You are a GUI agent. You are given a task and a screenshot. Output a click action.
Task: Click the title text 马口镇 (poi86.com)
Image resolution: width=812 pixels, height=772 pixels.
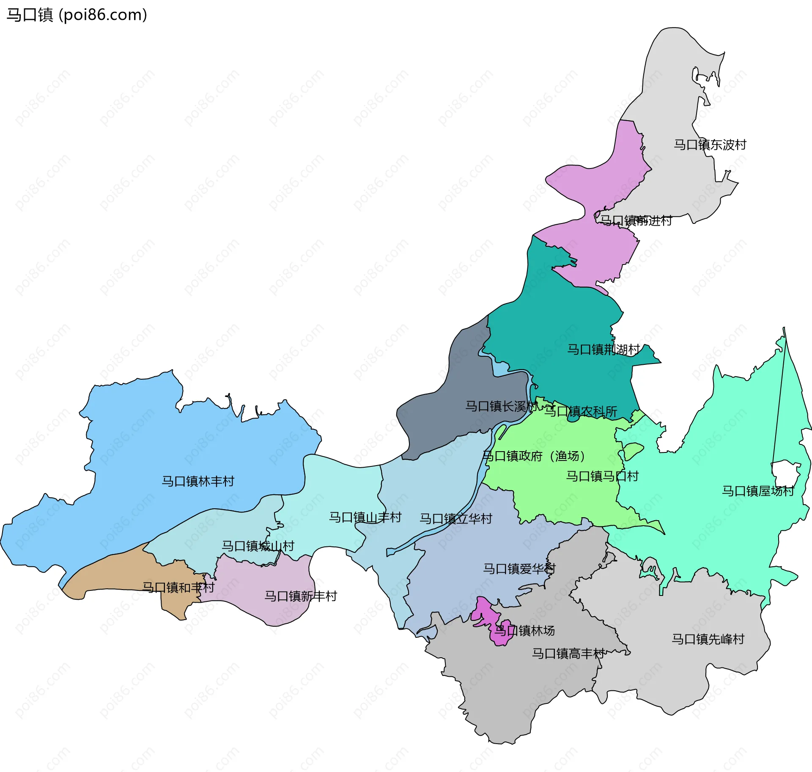[77, 15]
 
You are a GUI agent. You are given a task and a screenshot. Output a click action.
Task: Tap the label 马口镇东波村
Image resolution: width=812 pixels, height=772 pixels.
[710, 145]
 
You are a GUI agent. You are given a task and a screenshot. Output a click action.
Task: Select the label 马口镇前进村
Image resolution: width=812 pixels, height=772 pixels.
[636, 221]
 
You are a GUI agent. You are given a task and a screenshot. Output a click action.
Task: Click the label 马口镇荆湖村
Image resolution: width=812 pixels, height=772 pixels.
[603, 349]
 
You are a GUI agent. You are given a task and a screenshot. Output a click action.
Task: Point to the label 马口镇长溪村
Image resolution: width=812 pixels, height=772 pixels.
[502, 406]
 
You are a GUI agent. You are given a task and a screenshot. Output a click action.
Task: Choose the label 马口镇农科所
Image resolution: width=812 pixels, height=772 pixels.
[580, 411]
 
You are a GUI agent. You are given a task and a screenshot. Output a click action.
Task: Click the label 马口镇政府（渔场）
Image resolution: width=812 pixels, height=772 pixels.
[534, 456]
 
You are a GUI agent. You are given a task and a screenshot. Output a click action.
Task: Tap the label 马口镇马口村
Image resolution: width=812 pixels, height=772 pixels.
[602, 476]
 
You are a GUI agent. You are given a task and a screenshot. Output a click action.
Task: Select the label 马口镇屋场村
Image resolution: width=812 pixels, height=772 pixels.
[758, 491]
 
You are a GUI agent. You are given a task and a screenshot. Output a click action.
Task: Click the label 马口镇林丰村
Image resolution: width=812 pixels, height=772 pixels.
[198, 481]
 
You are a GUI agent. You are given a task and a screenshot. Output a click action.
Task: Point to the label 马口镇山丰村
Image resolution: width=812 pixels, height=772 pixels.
[365, 517]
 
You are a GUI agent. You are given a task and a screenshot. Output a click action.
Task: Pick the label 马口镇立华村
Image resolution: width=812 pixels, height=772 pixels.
[455, 518]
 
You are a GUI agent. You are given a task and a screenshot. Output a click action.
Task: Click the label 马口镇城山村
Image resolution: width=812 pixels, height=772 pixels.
[258, 546]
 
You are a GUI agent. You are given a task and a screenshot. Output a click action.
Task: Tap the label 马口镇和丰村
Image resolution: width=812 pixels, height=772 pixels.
[178, 587]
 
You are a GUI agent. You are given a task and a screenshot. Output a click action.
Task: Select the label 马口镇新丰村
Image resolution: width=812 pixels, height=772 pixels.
[301, 596]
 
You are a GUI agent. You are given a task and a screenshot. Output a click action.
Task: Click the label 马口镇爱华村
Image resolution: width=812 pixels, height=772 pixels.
[519, 569]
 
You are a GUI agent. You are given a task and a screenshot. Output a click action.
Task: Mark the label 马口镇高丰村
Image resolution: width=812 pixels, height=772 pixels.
[568, 653]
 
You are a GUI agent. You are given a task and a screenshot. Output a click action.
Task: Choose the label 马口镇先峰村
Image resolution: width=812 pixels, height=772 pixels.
[708, 639]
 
